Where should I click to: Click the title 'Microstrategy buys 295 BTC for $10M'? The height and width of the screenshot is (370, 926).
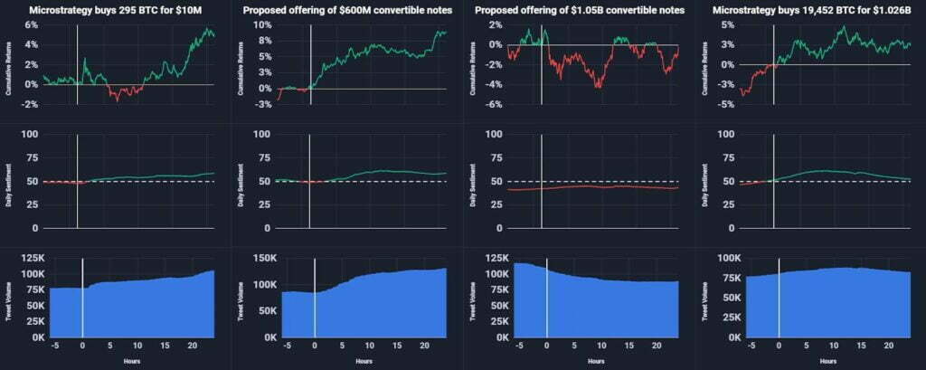(116, 10)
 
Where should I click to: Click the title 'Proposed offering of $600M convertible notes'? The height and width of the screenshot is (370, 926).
(347, 10)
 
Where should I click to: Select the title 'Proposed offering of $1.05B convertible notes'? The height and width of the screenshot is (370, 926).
(579, 10)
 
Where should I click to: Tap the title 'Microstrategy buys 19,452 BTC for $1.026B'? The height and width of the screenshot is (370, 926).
(810, 10)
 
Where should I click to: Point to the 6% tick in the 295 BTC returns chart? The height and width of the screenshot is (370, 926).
(29, 24)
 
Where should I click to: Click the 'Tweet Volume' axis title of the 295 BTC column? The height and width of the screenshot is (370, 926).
(8, 298)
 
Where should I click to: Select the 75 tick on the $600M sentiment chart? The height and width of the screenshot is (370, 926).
(262, 157)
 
